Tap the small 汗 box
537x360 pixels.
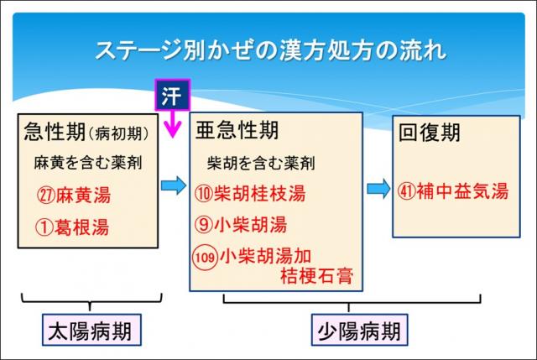click(x=172, y=94)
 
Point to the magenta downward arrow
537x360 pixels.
click(x=174, y=124)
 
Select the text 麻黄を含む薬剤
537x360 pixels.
click(x=82, y=162)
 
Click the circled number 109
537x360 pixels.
click(x=205, y=255)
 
